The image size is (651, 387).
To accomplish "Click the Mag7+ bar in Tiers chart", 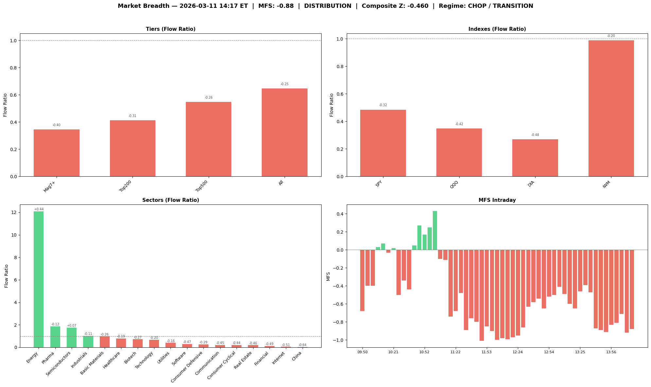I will [57, 153].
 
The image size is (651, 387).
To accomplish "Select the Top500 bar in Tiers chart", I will [208, 139].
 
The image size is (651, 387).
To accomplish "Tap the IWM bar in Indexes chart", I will [611, 108].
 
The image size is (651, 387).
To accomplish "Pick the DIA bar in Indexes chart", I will [535, 158].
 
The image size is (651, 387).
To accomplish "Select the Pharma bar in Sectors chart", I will [55, 337].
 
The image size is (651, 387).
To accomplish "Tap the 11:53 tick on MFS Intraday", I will [487, 352].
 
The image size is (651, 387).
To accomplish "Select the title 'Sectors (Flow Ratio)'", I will [170, 200].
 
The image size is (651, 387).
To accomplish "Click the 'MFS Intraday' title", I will [497, 200].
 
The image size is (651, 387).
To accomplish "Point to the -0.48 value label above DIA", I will [535, 135].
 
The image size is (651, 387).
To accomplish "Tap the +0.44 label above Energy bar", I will [39, 209].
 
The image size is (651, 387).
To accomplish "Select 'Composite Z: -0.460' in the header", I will [395, 6].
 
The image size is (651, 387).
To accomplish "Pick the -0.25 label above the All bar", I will [284, 84].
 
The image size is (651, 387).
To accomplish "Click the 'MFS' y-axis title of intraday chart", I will [328, 276].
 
